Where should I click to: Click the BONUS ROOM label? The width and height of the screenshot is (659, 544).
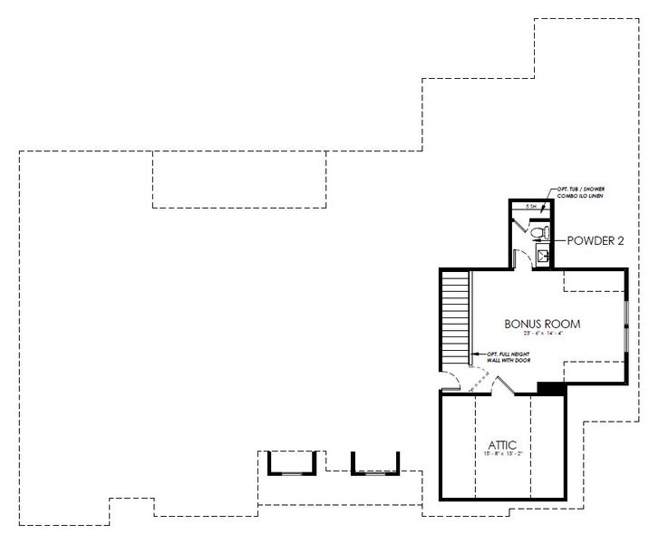point(542,324)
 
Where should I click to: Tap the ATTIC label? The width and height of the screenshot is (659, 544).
point(502,444)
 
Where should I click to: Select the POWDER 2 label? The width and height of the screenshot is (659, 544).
point(595,241)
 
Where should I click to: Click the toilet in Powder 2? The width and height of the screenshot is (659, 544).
point(538,234)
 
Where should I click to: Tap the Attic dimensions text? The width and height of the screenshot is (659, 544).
point(502,455)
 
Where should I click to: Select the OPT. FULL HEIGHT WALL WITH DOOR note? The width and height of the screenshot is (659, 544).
point(508,357)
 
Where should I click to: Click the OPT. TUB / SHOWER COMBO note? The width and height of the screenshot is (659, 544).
point(577,192)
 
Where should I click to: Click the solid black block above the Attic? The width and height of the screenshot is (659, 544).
point(551,388)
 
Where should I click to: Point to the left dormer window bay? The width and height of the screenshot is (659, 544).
point(291,463)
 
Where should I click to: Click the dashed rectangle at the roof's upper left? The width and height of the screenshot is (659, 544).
point(238,179)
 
